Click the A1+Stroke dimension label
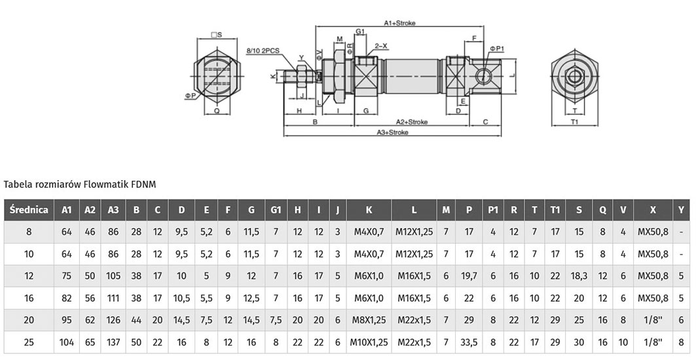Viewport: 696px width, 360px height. coord(399,23)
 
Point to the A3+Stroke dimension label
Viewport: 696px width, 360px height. coord(392,132)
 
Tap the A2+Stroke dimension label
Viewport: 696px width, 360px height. coord(411,122)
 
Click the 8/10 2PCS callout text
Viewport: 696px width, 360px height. coord(263,50)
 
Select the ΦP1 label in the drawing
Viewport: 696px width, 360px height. coord(498,48)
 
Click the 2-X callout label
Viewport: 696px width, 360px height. coord(381,46)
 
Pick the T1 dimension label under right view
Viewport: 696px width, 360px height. coord(574,121)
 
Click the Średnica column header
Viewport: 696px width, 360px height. coord(29,209)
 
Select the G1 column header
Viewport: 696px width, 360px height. coord(276,210)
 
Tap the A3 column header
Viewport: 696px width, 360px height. coord(113,210)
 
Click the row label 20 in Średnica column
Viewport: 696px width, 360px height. coord(29,319)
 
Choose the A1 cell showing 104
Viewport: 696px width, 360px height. coord(67,342)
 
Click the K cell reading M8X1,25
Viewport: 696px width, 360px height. coord(369,319)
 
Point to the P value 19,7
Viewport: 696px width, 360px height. coord(469,276)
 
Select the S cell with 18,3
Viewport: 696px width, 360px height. coord(578,276)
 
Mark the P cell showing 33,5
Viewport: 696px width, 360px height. coord(469,342)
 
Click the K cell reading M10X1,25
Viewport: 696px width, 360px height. coord(369,342)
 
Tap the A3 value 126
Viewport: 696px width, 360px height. coord(113,319)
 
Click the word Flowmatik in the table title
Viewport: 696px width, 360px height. coord(107,184)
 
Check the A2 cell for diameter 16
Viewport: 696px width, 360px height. coord(90,298)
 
